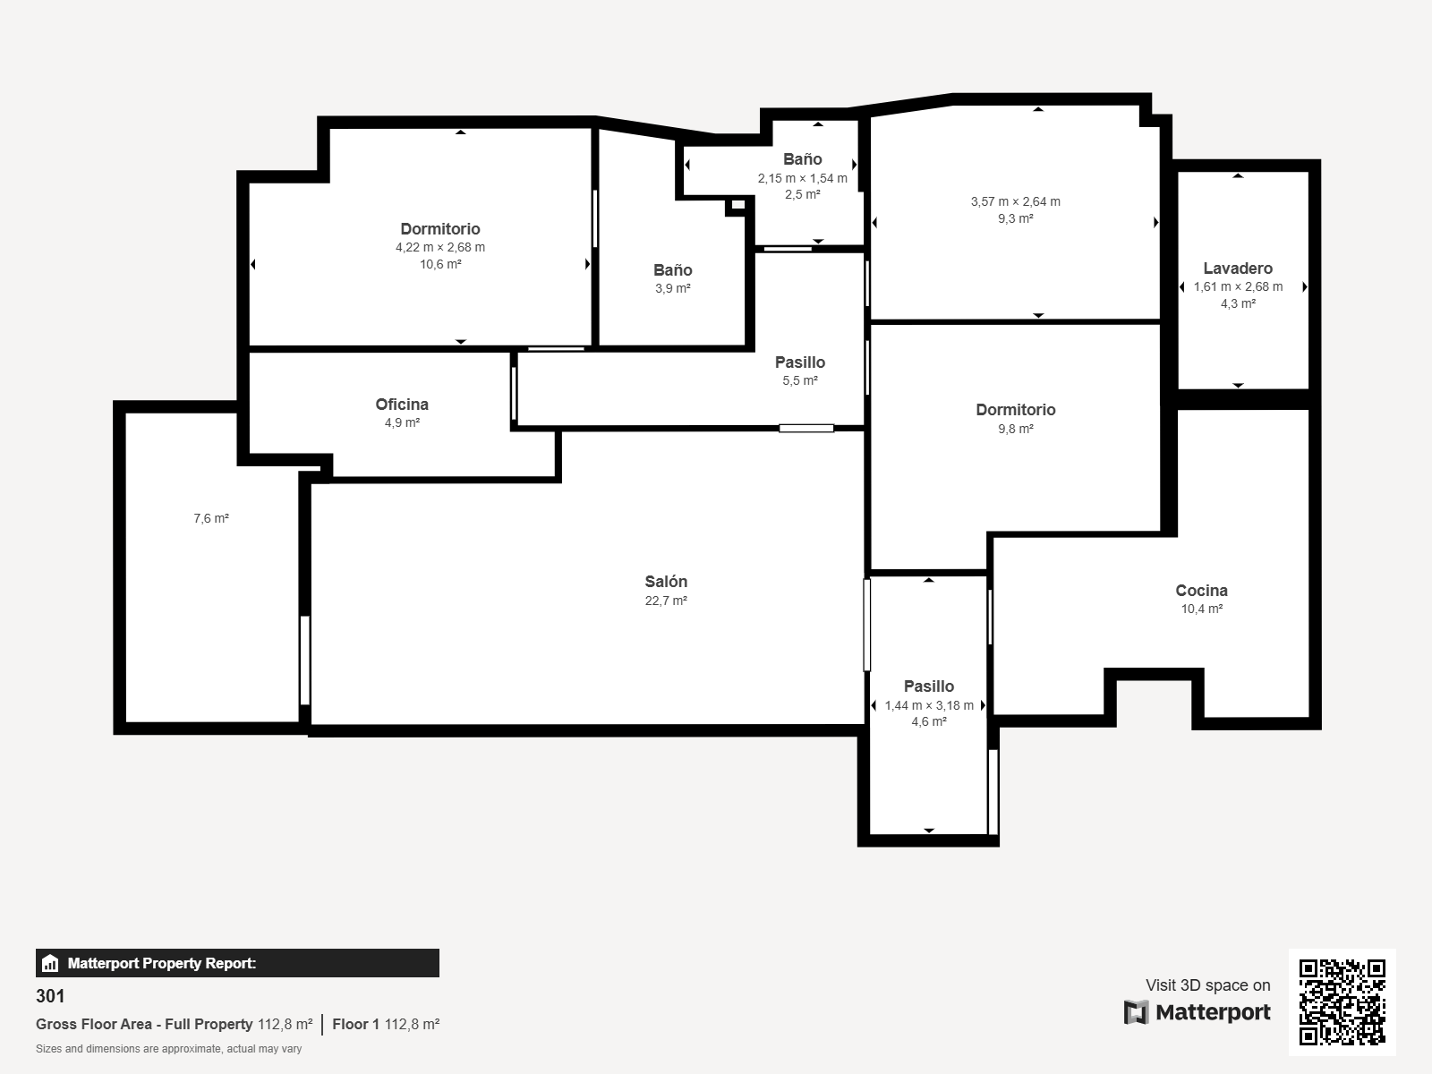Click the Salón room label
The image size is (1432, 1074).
(666, 582)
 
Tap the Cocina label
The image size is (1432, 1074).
(1202, 591)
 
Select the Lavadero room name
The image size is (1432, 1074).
(1238, 268)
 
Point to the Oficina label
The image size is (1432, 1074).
(402, 405)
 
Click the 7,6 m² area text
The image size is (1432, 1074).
(211, 518)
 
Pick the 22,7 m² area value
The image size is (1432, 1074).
(666, 601)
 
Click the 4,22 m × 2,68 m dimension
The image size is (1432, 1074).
(440, 247)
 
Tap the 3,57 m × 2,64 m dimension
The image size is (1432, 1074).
(1016, 201)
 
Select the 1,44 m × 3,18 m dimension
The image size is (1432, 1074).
(929, 705)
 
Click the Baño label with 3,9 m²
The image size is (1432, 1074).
(673, 270)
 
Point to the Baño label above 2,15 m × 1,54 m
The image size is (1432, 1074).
(803, 159)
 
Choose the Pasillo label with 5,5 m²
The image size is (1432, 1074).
(800, 362)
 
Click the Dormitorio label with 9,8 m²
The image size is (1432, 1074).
(1016, 410)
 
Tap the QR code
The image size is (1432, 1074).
(1342, 1002)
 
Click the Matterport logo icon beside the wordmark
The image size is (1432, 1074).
(1136, 1012)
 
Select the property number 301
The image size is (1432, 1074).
(50, 996)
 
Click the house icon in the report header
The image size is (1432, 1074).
(50, 963)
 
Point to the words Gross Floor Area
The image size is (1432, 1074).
(94, 1025)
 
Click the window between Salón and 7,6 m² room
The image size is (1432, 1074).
(304, 660)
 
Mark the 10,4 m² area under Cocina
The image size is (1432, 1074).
(1202, 609)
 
